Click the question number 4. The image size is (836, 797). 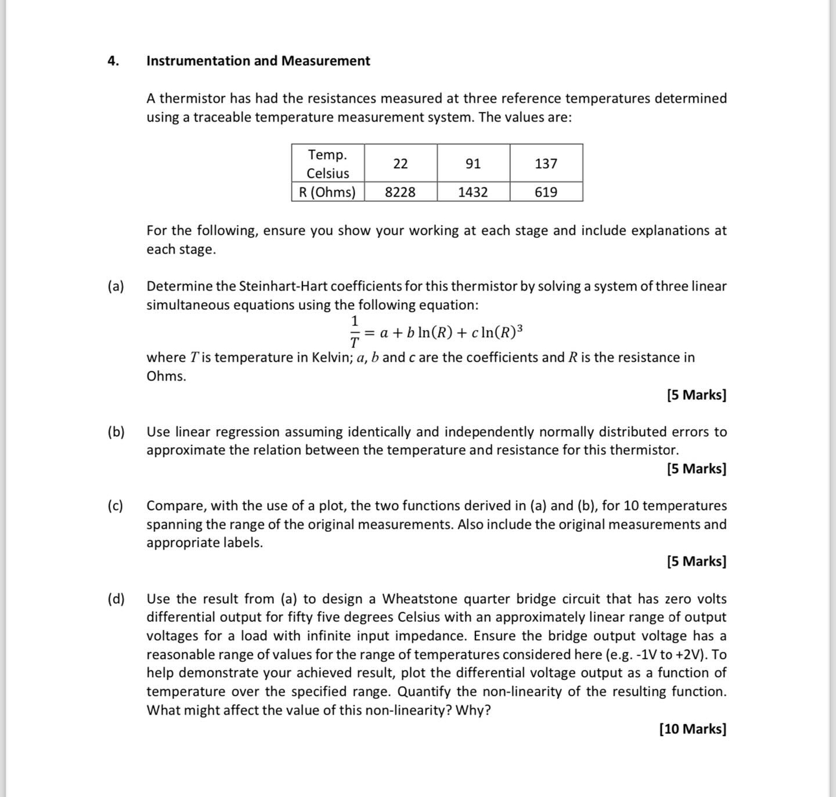pyautogui.click(x=113, y=61)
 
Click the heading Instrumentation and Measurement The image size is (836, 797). pyautogui.click(x=258, y=61)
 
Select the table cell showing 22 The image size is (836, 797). pyautogui.click(x=400, y=164)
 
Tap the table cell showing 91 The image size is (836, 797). pyautogui.click(x=473, y=164)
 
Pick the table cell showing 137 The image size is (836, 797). pyautogui.click(x=546, y=164)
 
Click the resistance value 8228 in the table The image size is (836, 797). pyautogui.click(x=400, y=192)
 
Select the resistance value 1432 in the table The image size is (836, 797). pyautogui.click(x=473, y=192)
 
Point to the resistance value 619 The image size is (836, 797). pyautogui.click(x=546, y=192)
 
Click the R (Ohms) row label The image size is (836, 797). pyautogui.click(x=327, y=192)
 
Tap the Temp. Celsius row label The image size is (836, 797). pyautogui.click(x=327, y=164)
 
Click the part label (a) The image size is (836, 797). pyautogui.click(x=116, y=286)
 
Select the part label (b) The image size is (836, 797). pyautogui.click(x=116, y=432)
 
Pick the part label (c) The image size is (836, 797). pyautogui.click(x=116, y=506)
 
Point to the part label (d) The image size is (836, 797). pyautogui.click(x=116, y=599)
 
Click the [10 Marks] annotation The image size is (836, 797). pyautogui.click(x=693, y=729)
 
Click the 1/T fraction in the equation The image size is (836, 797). pyautogui.click(x=354, y=332)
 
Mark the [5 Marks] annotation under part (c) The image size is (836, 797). pyautogui.click(x=696, y=561)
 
